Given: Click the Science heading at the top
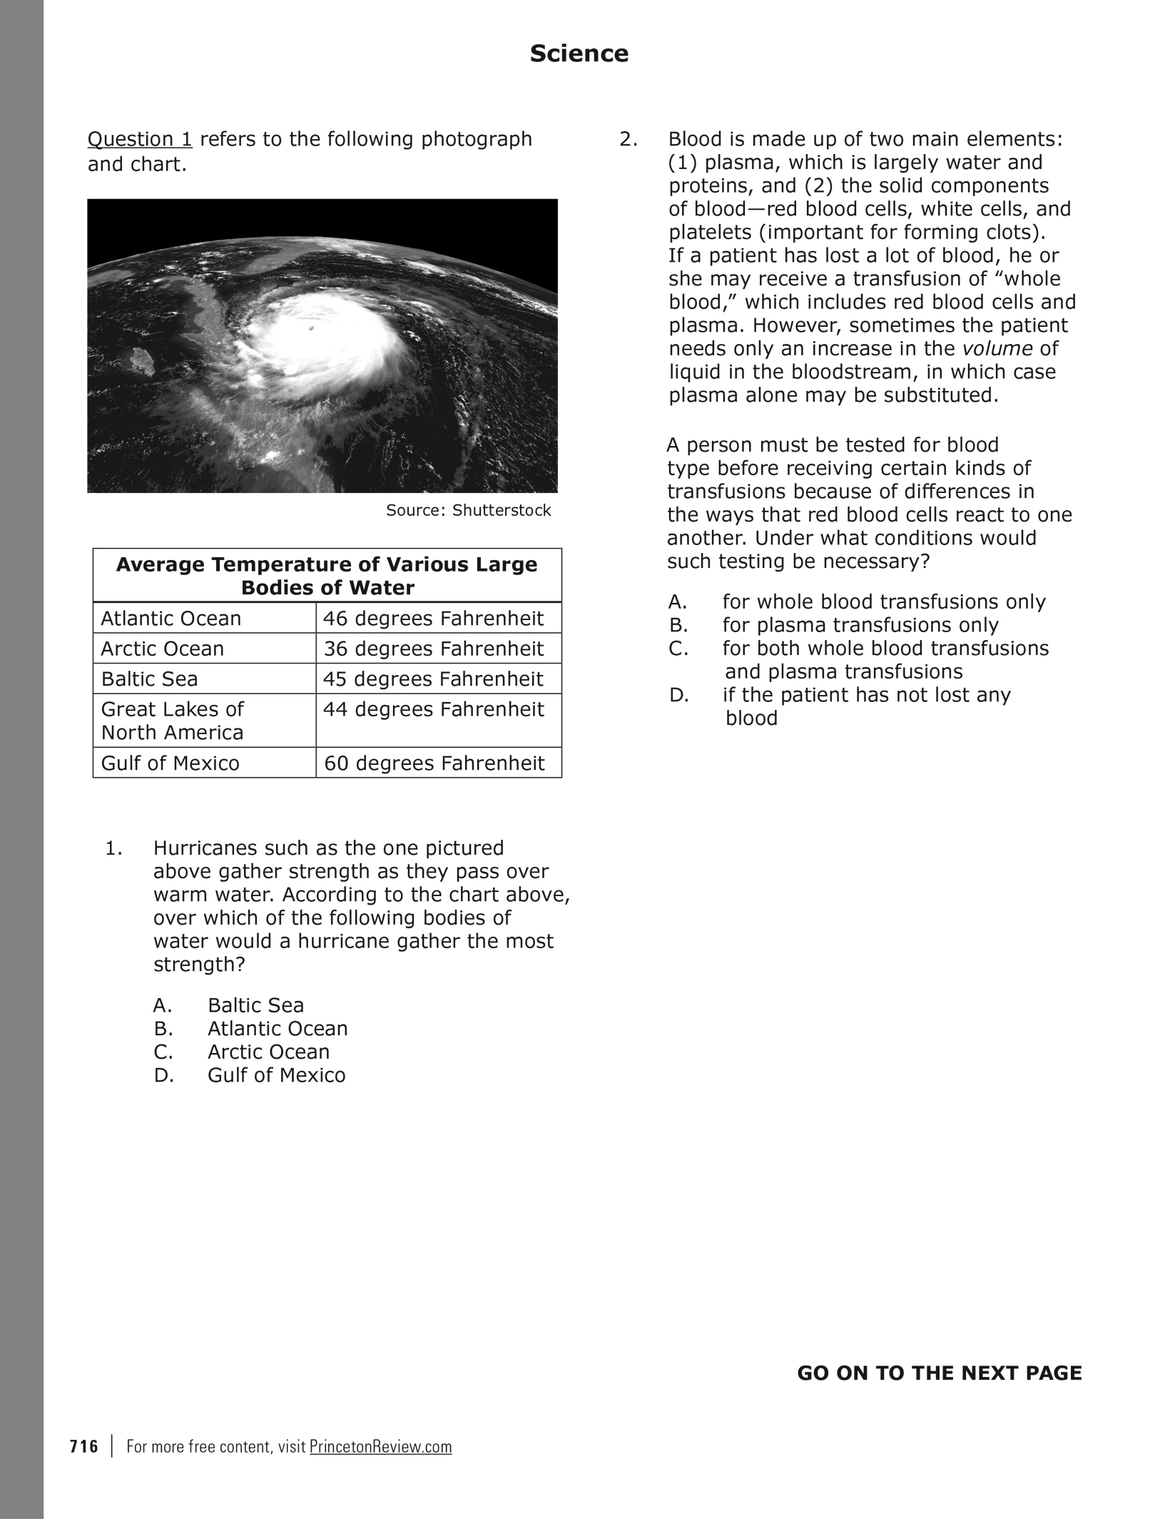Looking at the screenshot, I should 579,54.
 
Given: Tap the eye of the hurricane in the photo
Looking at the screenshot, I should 312,329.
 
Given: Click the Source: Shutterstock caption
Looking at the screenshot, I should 468,510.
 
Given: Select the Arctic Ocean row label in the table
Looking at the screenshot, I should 163,649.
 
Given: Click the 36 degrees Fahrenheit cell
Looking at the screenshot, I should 434,649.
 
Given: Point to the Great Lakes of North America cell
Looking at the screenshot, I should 173,721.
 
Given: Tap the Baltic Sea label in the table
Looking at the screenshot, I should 150,679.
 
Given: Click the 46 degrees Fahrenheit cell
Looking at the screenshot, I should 434,618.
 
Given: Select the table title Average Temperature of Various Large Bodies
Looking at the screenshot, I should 327,576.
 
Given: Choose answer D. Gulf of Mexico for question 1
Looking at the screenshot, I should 275,1075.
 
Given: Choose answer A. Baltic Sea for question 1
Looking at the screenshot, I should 255,1005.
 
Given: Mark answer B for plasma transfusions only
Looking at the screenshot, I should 860,625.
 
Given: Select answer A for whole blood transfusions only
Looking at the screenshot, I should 883,601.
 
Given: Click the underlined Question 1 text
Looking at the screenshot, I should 140,139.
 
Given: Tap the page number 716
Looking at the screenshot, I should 84,1447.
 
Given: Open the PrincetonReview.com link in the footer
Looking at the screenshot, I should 381,1447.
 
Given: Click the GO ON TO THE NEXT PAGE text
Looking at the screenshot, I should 939,1373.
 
